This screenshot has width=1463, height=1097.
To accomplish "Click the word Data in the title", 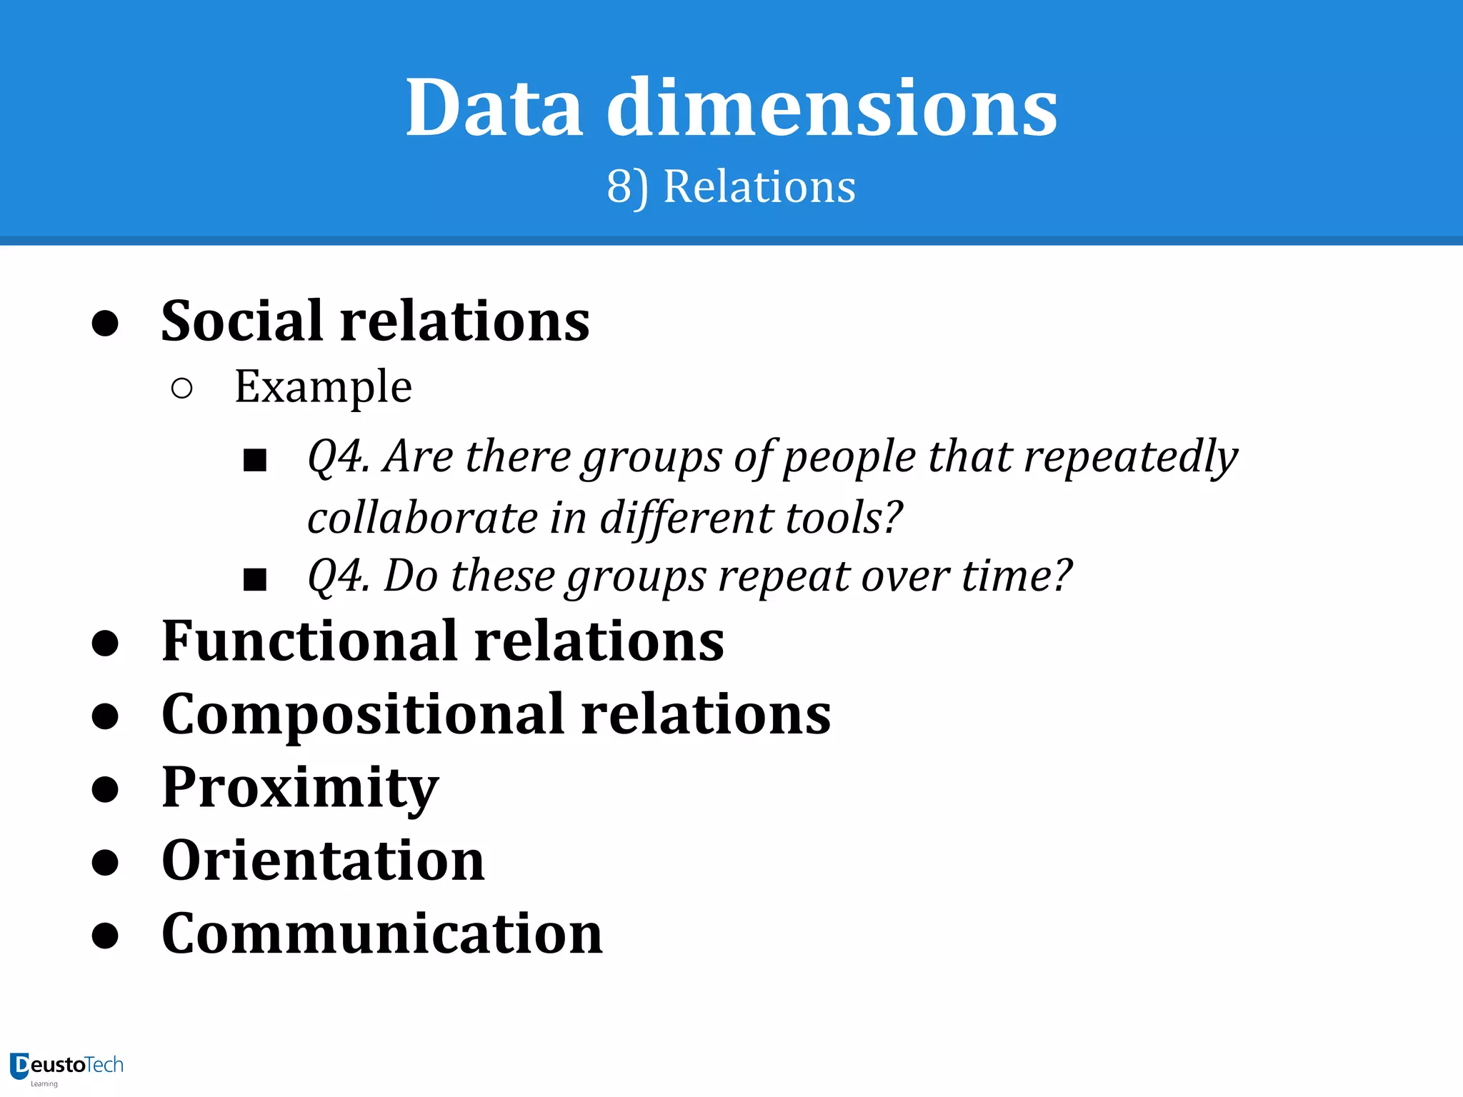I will tap(494, 109).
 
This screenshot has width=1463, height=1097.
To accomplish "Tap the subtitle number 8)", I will tap(628, 188).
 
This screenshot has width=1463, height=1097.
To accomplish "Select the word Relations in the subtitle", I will tap(759, 187).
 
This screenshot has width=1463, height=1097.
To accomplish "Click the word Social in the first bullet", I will tap(242, 321).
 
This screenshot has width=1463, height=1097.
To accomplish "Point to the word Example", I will tap(323, 387).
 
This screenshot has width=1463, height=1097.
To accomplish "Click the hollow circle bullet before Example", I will tap(182, 389).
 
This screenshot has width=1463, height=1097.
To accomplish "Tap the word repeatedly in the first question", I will tap(1131, 457).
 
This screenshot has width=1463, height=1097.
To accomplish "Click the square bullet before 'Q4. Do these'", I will tap(255, 579).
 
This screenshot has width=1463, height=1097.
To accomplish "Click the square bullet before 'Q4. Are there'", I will tap(255, 461).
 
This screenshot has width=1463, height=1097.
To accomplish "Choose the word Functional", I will tap(309, 641).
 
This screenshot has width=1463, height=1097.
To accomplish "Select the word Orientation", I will tap(323, 861).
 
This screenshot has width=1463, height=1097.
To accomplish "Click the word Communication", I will tap(382, 933).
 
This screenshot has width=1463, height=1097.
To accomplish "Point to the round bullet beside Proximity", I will tap(105, 789).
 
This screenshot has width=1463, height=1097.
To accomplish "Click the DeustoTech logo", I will tap(66, 1068).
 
